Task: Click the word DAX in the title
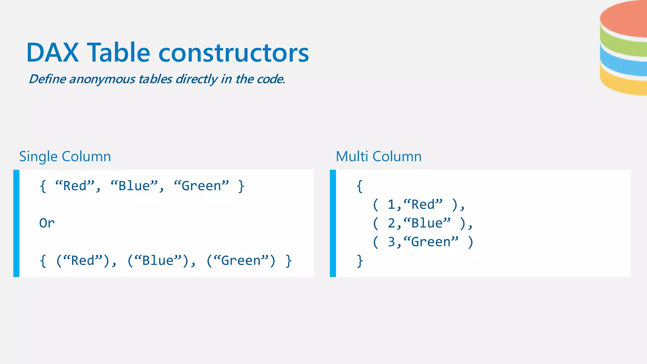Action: point(52,53)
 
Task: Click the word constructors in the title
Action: point(233,53)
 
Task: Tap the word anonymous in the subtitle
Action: point(102,79)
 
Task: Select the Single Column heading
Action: point(65,156)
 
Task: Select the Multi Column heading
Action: point(378,156)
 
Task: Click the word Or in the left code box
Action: point(47,223)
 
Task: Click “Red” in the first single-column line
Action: point(75,186)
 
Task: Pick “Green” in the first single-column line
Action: point(201,186)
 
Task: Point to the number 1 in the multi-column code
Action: point(391,205)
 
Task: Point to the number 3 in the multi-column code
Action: point(391,242)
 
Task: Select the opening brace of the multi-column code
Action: point(360,186)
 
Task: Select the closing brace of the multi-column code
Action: point(360,261)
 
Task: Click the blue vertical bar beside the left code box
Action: point(16,223)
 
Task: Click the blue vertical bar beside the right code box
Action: point(333,223)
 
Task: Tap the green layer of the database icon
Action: point(624,46)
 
